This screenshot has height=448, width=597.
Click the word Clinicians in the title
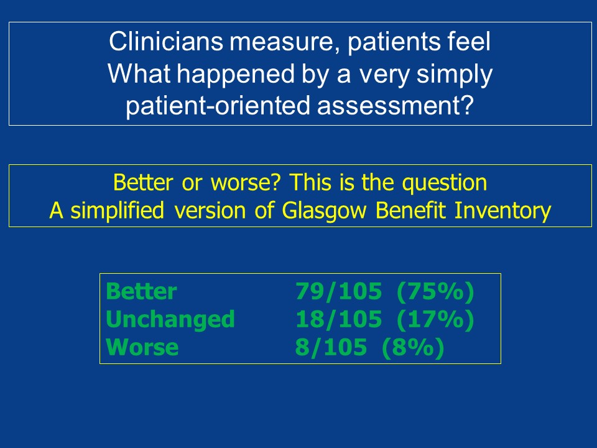coord(165,41)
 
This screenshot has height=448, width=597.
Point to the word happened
coord(236,73)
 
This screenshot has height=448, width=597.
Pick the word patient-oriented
coord(218,105)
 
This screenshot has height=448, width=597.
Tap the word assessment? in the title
coord(396,106)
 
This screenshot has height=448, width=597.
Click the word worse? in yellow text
coord(246,182)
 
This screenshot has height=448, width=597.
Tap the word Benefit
coord(410,210)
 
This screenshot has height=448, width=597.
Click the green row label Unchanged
coord(170,319)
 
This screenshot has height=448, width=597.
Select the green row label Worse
coord(142,347)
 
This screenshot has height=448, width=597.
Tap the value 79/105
coord(338,291)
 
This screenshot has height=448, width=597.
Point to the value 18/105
coord(338,319)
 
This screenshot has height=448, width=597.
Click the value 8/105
coord(331,347)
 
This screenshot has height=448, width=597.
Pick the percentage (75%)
coord(435,292)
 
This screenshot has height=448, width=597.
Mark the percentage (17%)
coord(435,320)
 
